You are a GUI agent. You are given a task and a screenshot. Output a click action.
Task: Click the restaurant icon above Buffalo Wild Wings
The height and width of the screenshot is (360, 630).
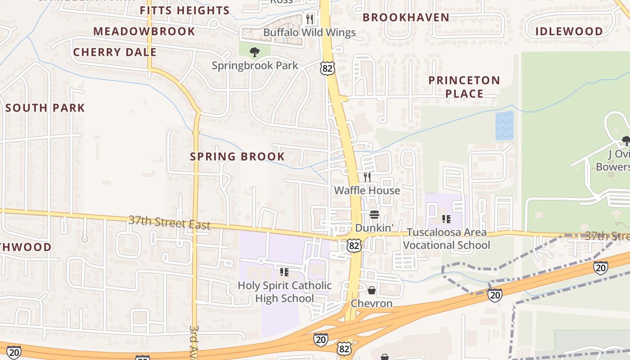pyautogui.click(x=309, y=18)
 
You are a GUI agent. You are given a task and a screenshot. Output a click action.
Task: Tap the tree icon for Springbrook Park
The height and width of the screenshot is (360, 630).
pyautogui.click(x=255, y=52)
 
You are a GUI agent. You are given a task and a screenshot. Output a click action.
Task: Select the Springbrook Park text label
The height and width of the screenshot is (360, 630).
pyautogui.click(x=255, y=66)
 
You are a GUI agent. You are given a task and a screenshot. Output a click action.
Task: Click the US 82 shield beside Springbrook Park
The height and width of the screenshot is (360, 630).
pyautogui.click(x=328, y=68)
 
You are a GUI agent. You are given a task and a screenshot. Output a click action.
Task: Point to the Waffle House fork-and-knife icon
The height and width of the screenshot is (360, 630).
pyautogui.click(x=367, y=177)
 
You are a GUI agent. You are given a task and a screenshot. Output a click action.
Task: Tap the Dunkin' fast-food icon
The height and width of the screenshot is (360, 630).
pyautogui.click(x=374, y=215)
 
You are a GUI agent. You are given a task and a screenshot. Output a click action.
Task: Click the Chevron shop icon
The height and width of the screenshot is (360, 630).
pyautogui.click(x=372, y=290)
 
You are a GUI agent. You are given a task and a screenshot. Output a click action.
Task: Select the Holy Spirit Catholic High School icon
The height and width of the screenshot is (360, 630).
pyautogui.click(x=284, y=272)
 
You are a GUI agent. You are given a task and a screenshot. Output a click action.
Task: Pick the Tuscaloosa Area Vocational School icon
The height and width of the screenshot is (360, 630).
pyautogui.click(x=446, y=219)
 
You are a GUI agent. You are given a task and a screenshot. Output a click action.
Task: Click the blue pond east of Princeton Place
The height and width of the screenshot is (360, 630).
pyautogui.click(x=504, y=126)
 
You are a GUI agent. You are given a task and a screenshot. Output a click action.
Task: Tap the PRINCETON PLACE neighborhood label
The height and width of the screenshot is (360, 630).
pyautogui.click(x=464, y=87)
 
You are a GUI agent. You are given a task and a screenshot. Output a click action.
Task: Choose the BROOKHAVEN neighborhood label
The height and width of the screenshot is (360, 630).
pyautogui.click(x=406, y=18)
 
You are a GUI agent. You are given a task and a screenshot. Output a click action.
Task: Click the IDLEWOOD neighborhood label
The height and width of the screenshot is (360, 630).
pyautogui.click(x=569, y=31)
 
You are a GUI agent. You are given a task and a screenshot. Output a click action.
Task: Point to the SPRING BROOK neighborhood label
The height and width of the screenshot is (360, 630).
pyautogui.click(x=237, y=157)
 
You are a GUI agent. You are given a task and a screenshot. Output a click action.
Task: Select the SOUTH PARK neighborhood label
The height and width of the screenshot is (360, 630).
pyautogui.click(x=45, y=108)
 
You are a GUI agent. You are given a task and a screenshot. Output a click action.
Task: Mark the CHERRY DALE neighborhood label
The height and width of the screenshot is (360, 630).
pyautogui.click(x=115, y=52)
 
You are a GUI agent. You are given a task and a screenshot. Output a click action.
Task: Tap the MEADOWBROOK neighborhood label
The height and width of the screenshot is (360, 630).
pyautogui.click(x=144, y=31)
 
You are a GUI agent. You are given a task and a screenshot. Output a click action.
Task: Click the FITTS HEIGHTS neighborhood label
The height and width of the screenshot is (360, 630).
pyautogui.click(x=184, y=10)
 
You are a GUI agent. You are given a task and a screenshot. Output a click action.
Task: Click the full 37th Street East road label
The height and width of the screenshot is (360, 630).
pyautogui.click(x=169, y=222)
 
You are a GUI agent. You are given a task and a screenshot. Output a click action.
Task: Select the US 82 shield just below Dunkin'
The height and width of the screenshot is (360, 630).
pyautogui.click(x=354, y=245)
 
